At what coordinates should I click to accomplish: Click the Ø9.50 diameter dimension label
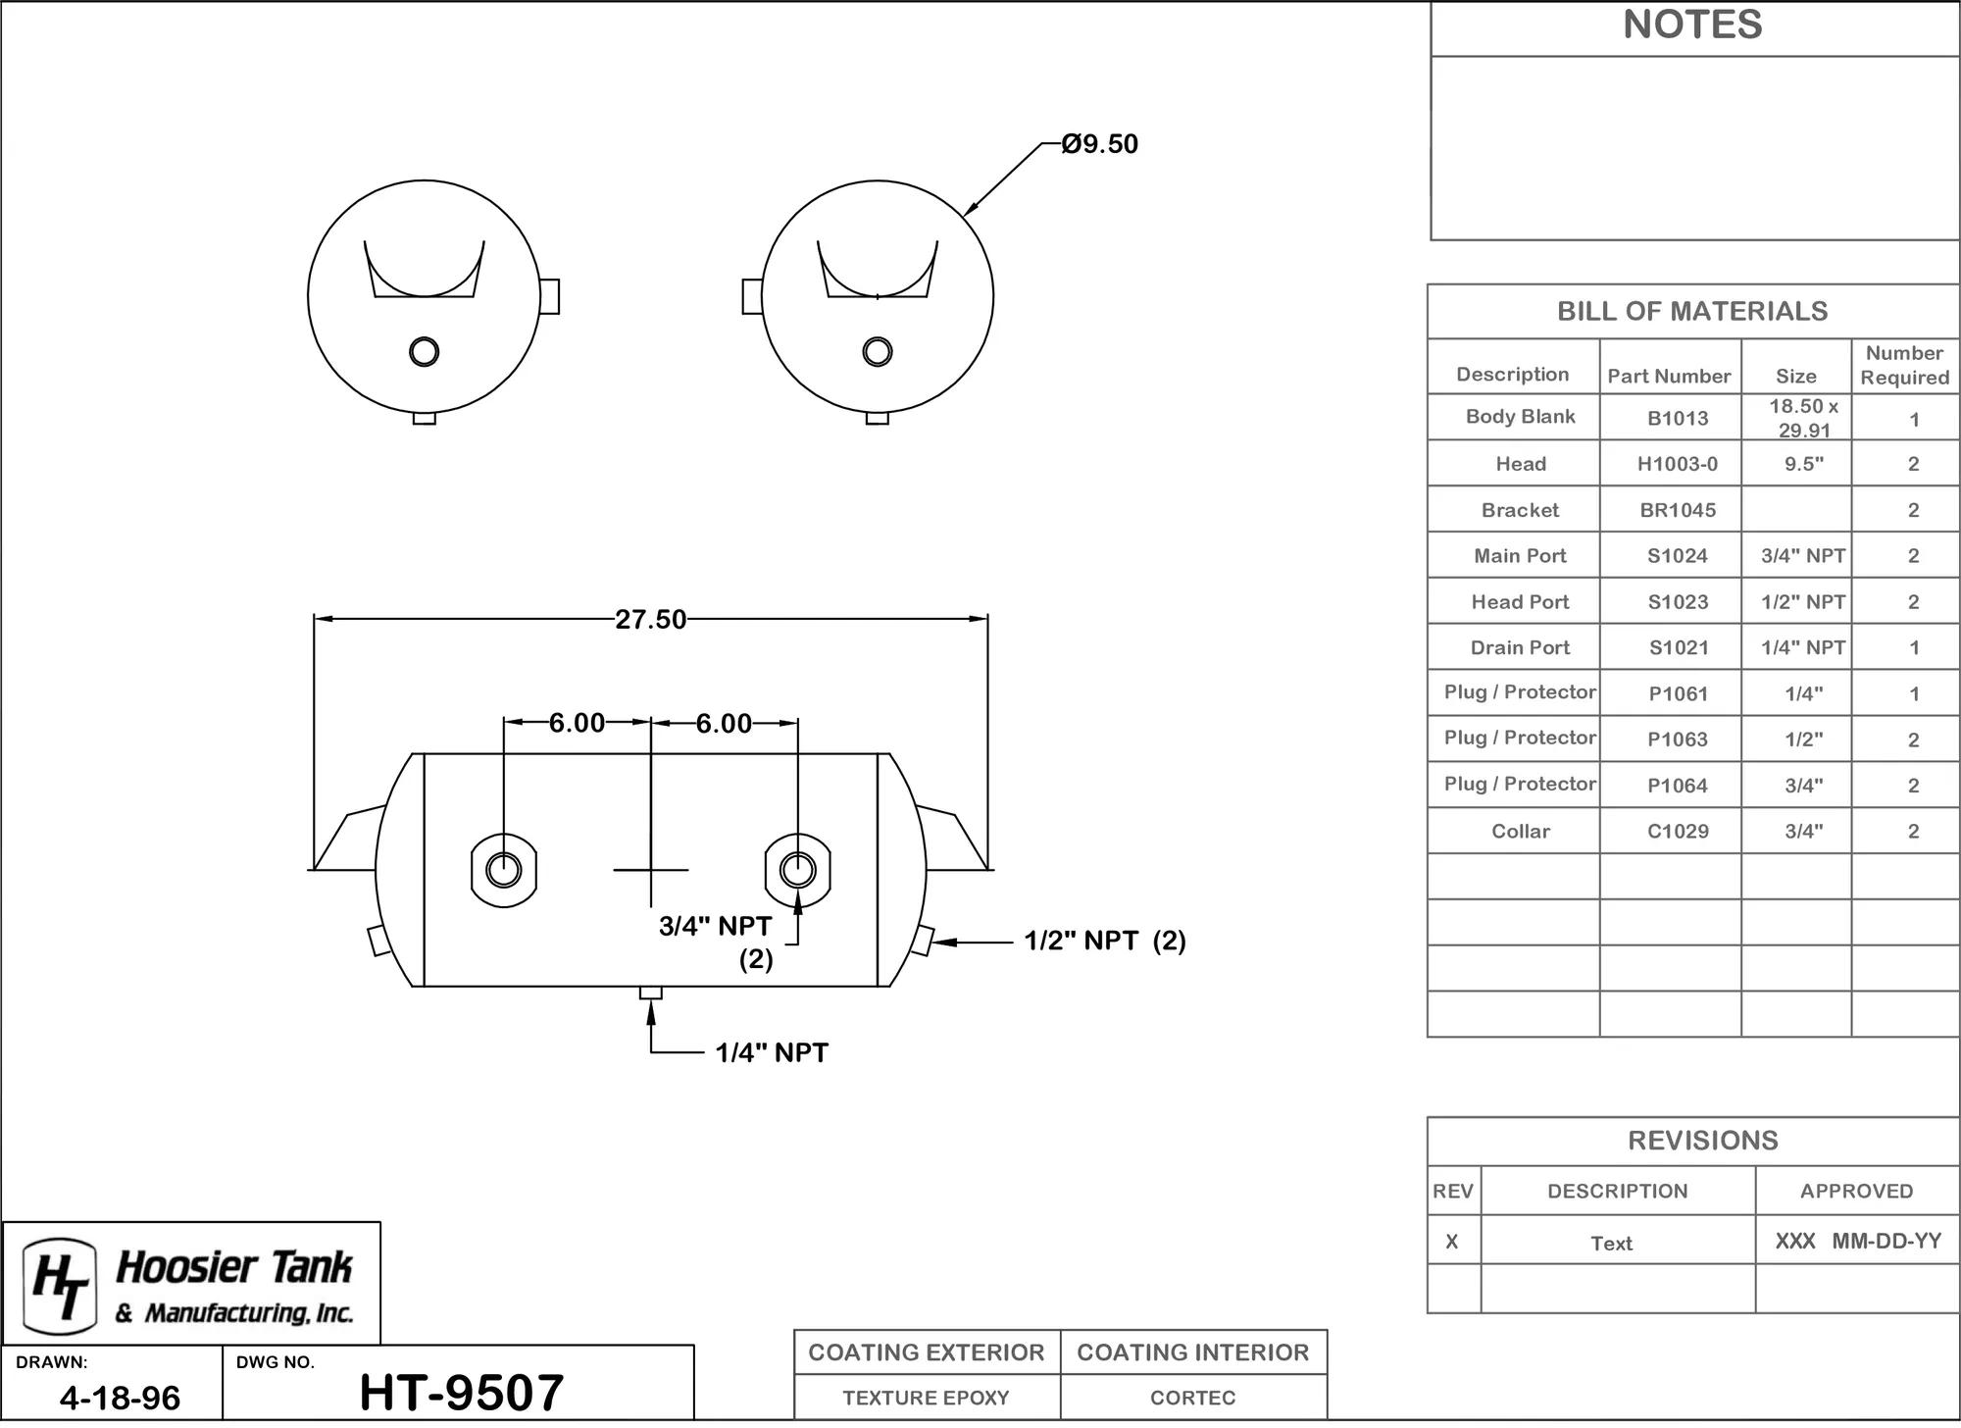[x=1099, y=144]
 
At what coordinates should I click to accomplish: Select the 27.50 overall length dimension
[x=651, y=620]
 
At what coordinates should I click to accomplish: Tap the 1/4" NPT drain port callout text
[x=772, y=1053]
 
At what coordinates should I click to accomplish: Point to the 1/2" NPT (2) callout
[x=1105, y=942]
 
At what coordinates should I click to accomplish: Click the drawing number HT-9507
[x=462, y=1393]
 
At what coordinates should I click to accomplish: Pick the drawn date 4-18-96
[x=120, y=1398]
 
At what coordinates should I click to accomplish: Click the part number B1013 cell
[x=1678, y=419]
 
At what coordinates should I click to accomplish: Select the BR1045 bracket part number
[x=1678, y=511]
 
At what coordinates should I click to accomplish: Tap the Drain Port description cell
[x=1520, y=648]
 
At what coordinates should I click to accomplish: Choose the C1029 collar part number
[x=1678, y=832]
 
